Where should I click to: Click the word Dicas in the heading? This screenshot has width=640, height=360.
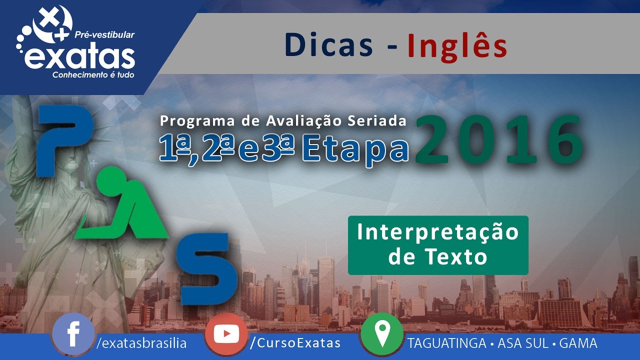coord(329,45)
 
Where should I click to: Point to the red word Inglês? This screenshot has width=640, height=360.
coord(457,47)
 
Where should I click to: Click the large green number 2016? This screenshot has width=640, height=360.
coord(499,139)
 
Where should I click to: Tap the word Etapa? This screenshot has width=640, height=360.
coord(355,150)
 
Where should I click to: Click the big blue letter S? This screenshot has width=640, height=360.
coord(207,268)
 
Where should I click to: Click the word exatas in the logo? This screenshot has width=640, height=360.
coord(79,58)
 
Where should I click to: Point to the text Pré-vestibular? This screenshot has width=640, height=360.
coord(104,35)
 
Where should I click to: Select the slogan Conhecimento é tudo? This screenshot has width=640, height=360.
coord(93,75)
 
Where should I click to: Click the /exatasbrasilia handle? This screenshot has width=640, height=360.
coord(141,343)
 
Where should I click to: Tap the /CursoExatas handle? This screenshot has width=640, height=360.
coord(295,343)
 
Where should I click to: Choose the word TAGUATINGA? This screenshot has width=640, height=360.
coord(447,343)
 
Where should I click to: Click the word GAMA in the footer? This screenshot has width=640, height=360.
coord(578,343)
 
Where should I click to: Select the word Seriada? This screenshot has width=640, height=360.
coord(377,121)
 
